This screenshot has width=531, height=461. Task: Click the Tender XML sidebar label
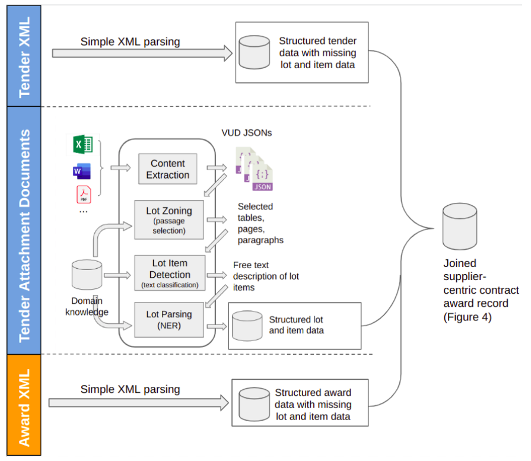point(24,56)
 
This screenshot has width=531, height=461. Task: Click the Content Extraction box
point(168,169)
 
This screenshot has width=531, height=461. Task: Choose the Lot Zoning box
point(169,220)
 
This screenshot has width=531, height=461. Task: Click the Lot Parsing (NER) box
point(169,319)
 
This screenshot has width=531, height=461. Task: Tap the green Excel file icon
point(82,144)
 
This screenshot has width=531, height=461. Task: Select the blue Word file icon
point(82,171)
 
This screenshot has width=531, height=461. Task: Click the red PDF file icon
point(82,195)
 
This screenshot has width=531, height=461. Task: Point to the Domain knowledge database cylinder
point(87,275)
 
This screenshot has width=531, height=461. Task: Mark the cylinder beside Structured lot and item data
point(247,325)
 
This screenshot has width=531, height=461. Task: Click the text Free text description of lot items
point(266,276)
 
